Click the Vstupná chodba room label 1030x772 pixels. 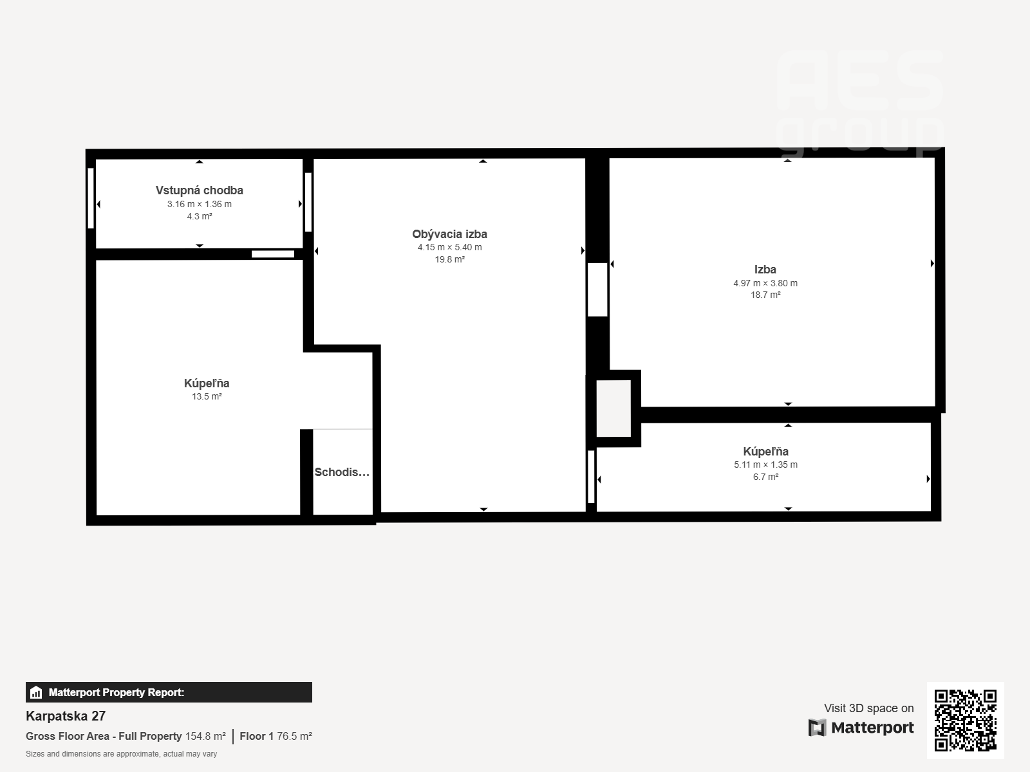200,190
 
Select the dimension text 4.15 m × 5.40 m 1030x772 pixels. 449,247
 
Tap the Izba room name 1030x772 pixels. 765,270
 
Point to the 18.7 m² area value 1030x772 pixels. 765,295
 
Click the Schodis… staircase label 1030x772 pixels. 342,472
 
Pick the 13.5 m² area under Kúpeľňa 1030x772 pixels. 207,396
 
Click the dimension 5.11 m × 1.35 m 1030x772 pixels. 765,464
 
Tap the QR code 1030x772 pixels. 965,720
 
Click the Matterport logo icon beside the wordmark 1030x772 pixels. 817,728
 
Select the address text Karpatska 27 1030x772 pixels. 66,716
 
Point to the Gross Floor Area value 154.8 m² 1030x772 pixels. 205,736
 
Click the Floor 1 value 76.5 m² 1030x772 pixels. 294,736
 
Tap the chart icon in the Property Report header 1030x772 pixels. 36,692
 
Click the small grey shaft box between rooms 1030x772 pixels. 613,409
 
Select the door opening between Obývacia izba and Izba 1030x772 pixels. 597,289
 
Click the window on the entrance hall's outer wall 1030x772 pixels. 91,198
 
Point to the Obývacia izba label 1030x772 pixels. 449,234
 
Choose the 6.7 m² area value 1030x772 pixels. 765,477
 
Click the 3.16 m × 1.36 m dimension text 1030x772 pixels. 200,204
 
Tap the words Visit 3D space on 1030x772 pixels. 868,708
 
